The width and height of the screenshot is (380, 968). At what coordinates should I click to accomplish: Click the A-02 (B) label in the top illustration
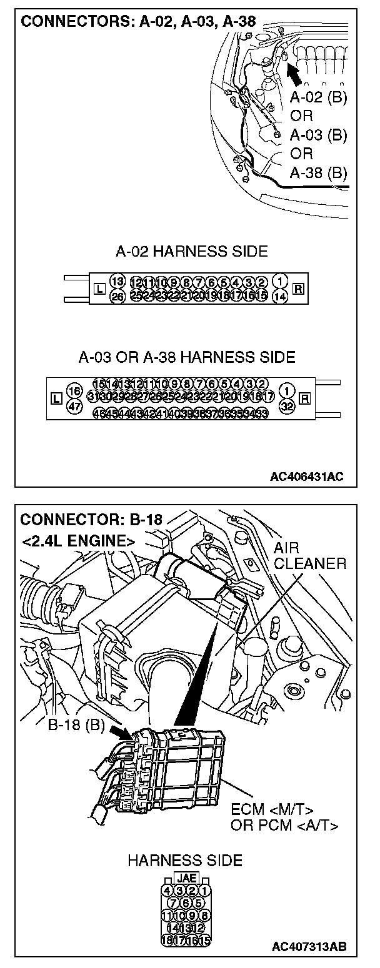[x=319, y=97]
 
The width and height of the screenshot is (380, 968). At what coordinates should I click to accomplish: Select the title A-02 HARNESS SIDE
[x=192, y=252]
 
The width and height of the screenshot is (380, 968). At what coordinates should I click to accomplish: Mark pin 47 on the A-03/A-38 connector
[x=74, y=405]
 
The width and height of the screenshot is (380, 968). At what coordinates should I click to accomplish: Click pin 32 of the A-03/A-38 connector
[x=287, y=405]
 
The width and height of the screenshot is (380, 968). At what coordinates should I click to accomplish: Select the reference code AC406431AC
[x=307, y=477]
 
